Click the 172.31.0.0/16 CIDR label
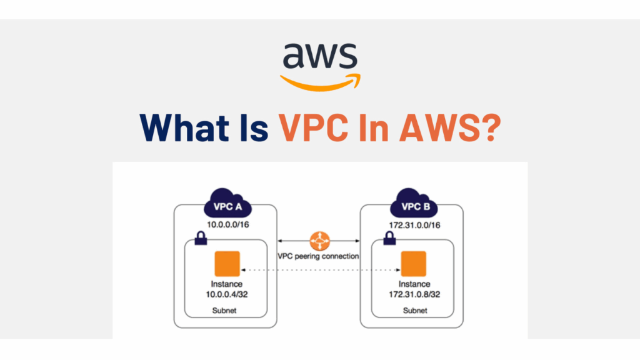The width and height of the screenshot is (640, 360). pos(414,223)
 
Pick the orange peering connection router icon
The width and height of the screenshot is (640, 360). pos(319,240)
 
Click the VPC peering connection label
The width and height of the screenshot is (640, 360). pos(319,256)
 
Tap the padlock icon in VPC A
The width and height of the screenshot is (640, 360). pos(202,238)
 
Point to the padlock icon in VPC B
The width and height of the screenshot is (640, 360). pos(388,238)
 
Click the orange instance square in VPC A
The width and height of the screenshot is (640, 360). pos(226,264)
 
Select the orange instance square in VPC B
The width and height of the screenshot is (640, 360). pos(413,264)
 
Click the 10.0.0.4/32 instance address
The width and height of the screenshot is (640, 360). pos(227,294)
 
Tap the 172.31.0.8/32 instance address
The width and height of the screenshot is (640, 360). pos(414,294)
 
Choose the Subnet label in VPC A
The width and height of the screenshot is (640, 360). pos(227,311)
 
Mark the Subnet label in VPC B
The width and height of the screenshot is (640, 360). pos(414,311)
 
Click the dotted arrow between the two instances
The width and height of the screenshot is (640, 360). pos(319,270)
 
